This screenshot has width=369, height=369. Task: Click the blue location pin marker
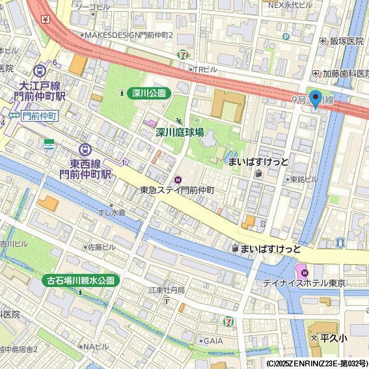click(x=316, y=98)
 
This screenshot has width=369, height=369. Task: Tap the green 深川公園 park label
click(x=149, y=93)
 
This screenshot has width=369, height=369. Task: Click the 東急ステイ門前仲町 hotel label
click(x=177, y=190)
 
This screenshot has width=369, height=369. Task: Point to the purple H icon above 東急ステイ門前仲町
click(x=178, y=179)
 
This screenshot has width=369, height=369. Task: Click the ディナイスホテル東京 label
click(x=304, y=284)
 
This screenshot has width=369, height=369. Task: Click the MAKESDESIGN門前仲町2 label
click(x=128, y=34)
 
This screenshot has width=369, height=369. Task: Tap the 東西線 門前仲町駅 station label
click(x=86, y=169)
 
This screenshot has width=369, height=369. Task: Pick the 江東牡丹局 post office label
click(x=167, y=290)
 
